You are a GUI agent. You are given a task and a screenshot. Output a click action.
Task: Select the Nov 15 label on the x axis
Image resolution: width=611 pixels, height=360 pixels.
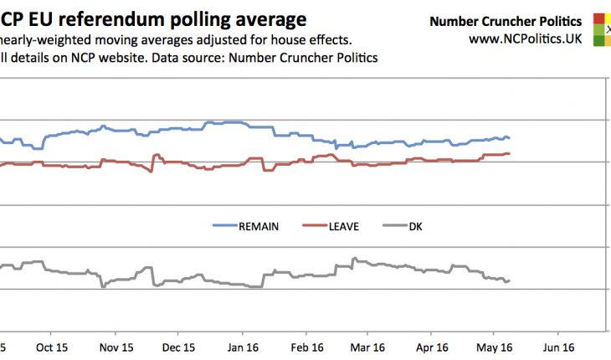point(115,347)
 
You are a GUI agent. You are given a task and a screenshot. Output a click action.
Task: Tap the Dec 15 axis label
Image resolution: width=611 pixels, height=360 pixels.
point(178,347)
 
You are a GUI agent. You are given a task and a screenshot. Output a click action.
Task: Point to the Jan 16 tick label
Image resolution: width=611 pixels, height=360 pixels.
point(243,347)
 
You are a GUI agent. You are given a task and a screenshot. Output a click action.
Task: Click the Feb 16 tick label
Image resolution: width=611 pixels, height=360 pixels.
point(307,347)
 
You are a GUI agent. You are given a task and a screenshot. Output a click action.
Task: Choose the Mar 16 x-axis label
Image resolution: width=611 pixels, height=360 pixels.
point(367,347)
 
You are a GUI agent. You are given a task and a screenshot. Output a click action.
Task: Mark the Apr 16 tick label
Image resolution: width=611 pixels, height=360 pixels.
point(432,347)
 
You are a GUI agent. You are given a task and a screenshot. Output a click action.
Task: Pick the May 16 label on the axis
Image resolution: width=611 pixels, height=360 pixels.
point(495,347)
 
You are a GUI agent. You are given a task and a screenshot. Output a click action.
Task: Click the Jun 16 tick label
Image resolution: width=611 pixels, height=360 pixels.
point(559,347)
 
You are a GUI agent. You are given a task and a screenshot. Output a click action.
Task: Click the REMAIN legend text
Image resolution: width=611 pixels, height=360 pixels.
point(259,226)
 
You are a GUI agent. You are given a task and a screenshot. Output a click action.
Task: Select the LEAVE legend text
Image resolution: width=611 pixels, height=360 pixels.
point(343,226)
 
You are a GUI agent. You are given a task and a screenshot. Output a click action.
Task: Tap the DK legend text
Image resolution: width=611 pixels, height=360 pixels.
point(415,226)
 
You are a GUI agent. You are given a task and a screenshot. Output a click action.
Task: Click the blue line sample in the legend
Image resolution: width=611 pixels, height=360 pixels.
point(224,226)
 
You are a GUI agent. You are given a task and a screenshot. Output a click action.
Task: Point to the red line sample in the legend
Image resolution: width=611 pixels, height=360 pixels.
point(312,226)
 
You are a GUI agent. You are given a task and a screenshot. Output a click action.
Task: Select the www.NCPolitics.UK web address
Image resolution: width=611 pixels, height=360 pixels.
point(525,38)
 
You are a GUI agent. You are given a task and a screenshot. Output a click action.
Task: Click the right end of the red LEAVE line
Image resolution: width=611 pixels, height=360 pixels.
point(510,153)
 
